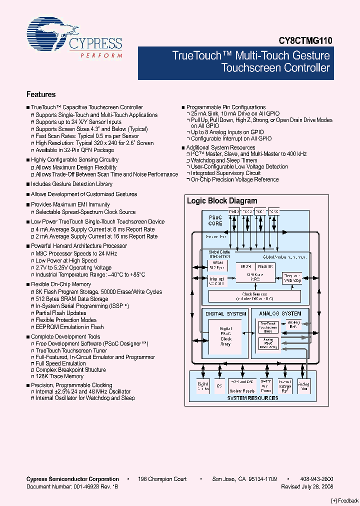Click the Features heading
[x=41, y=94]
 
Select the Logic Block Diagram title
[x=222, y=201]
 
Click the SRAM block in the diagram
[x=217, y=265]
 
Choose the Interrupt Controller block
[x=217, y=281]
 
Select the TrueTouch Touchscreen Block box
[x=268, y=327]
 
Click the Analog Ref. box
[x=294, y=325]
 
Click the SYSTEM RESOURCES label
[x=252, y=398]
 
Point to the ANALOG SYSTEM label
[x=280, y=313]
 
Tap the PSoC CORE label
[x=215, y=220]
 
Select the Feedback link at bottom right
[x=345, y=500]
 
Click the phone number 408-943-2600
[x=318, y=479]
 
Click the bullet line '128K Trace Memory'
[x=59, y=376]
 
